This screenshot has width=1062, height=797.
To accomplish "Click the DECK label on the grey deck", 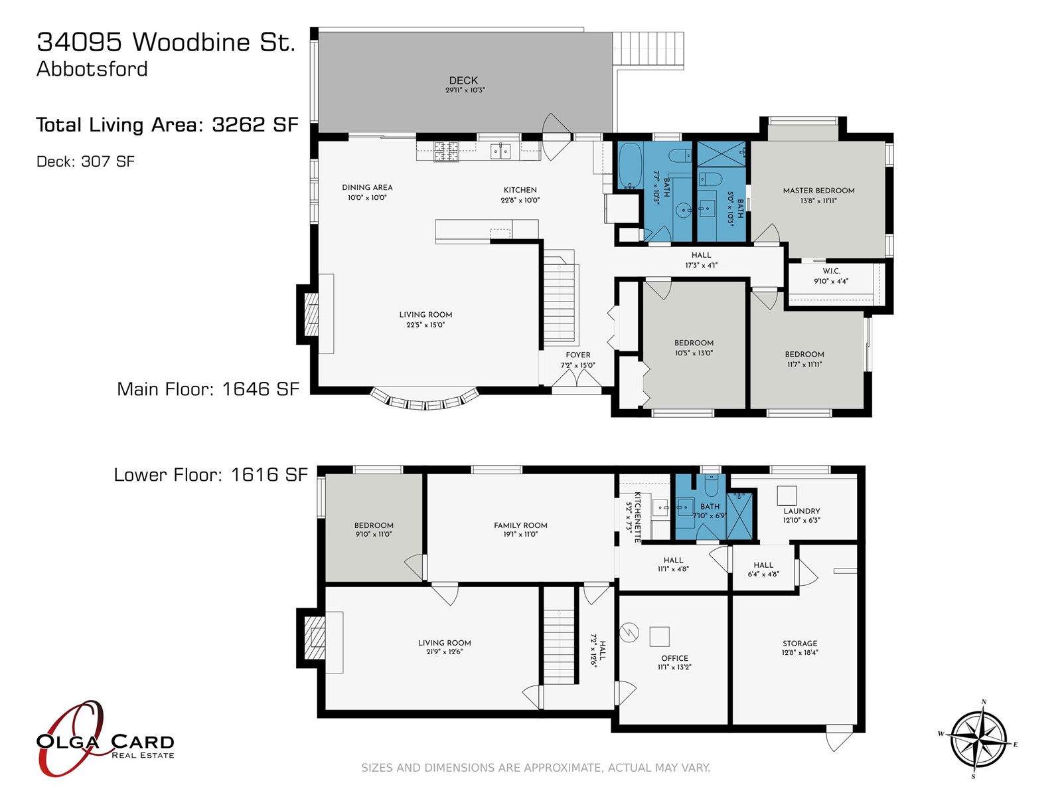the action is pyautogui.click(x=463, y=80).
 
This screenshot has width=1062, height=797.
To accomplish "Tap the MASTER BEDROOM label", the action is pyautogui.click(x=818, y=191).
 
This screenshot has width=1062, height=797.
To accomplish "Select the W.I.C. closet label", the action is pyautogui.click(x=831, y=271).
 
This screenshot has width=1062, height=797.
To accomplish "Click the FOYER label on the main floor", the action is pyautogui.click(x=577, y=355).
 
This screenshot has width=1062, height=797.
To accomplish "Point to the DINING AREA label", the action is pyautogui.click(x=367, y=187).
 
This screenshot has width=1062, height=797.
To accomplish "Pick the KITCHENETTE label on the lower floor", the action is pyautogui.click(x=637, y=517).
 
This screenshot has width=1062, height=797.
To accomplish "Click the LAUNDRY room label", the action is pyautogui.click(x=802, y=511).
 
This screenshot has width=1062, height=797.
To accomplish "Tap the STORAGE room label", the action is pyautogui.click(x=800, y=643).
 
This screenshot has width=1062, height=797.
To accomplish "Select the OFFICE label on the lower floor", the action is pyautogui.click(x=674, y=658).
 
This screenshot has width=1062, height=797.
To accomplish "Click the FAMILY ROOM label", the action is pyautogui.click(x=520, y=525).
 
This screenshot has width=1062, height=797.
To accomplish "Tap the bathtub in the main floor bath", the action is pyautogui.click(x=630, y=166).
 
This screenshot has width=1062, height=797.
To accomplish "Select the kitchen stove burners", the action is pyautogui.click(x=445, y=151).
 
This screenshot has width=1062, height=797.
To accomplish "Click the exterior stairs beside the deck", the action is pyautogui.click(x=648, y=49).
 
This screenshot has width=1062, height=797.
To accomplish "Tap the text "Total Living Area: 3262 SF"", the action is pyautogui.click(x=167, y=125).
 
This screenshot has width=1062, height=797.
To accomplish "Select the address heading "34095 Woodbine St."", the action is pyautogui.click(x=166, y=42).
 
